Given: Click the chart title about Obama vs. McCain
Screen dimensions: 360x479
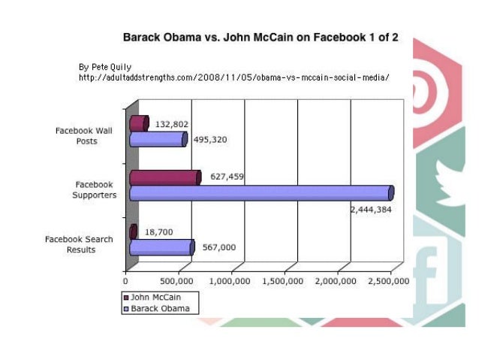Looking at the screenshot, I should point(261,37).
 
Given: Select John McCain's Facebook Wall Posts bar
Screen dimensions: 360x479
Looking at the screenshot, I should point(139,123).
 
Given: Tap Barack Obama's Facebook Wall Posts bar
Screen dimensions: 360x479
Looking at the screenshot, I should point(158,139).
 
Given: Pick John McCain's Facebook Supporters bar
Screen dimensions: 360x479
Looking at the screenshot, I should point(165,177).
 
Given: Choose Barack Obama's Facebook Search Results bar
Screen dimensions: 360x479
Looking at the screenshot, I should point(161,247).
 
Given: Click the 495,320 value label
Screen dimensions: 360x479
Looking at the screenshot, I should point(209,140).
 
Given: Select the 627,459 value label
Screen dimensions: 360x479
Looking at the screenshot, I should point(226,177).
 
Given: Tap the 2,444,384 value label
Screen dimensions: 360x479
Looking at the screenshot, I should point(372,210).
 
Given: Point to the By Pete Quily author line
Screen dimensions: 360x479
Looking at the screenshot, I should point(105,68).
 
